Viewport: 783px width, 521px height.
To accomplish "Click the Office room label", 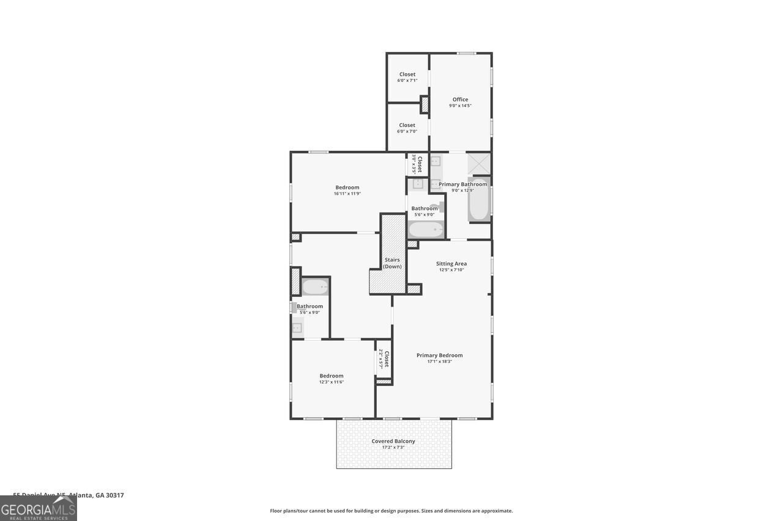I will tap(460, 100).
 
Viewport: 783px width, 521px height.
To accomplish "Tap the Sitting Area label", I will tap(451, 264).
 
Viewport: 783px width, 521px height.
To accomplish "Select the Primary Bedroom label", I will tap(439, 355).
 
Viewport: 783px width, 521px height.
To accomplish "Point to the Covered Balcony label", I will tap(393, 441).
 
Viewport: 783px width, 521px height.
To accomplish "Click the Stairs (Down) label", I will tap(392, 263).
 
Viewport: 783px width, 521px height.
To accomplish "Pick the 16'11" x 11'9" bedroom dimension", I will tap(347, 194).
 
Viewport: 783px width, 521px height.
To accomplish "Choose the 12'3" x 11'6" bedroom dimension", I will tap(331, 382).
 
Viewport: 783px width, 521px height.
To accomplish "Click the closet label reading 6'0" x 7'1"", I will tap(407, 81).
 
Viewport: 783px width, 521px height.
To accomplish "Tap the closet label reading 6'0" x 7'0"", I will tap(407, 131).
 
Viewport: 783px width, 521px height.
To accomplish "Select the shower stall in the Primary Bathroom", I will tap(478, 164).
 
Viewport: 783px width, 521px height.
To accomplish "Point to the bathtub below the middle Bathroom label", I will tap(425, 230).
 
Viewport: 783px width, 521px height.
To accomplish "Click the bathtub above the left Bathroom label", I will tap(315, 286).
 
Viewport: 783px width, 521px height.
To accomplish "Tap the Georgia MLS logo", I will tap(38, 508).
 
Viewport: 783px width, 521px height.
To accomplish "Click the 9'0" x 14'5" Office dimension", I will tap(460, 106).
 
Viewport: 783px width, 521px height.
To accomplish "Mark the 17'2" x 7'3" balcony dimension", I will tap(393, 447).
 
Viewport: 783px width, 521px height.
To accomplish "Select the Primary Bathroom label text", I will tap(462, 184).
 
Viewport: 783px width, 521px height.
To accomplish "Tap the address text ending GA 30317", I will tap(69, 495).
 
